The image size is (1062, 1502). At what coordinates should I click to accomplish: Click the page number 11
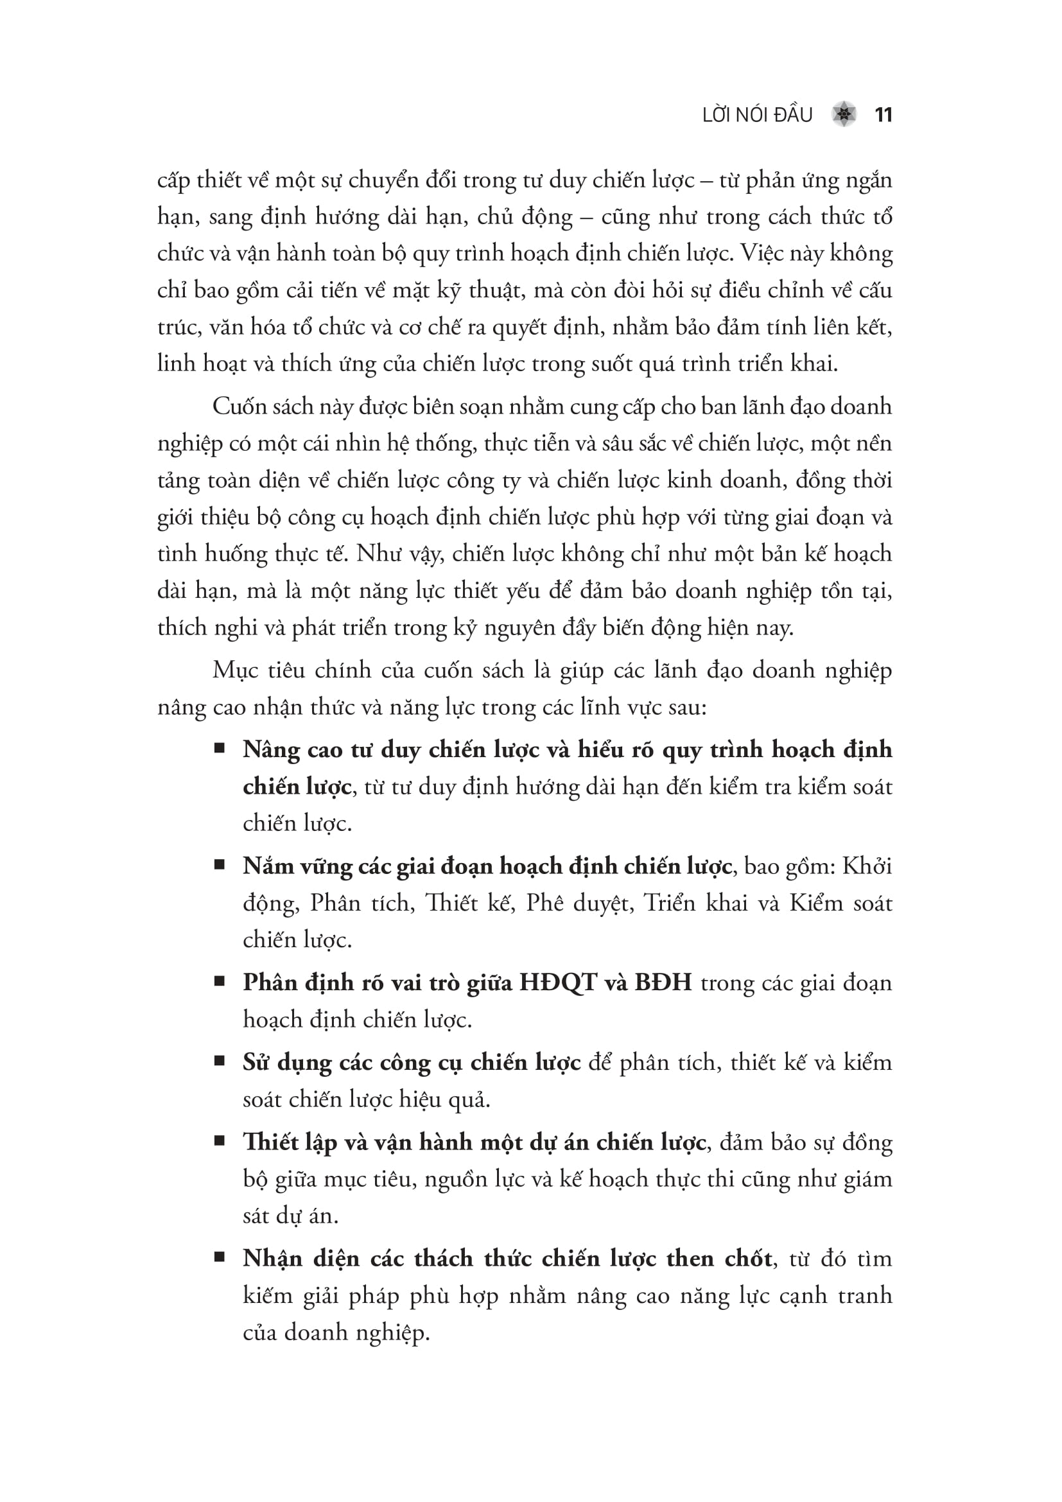883,115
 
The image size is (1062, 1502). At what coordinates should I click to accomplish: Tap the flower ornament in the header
844,115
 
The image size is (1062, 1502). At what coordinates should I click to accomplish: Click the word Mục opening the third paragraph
236,670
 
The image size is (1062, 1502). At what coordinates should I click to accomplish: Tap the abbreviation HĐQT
558,983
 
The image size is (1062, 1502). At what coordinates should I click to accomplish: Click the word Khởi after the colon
867,867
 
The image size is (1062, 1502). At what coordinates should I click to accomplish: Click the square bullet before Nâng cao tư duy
220,747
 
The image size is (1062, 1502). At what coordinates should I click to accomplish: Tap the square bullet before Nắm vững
220,865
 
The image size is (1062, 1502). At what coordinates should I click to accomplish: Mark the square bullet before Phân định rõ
220,981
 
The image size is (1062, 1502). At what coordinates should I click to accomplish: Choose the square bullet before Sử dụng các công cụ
220,1061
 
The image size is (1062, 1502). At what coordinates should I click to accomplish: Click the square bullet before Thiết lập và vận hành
220,1141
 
